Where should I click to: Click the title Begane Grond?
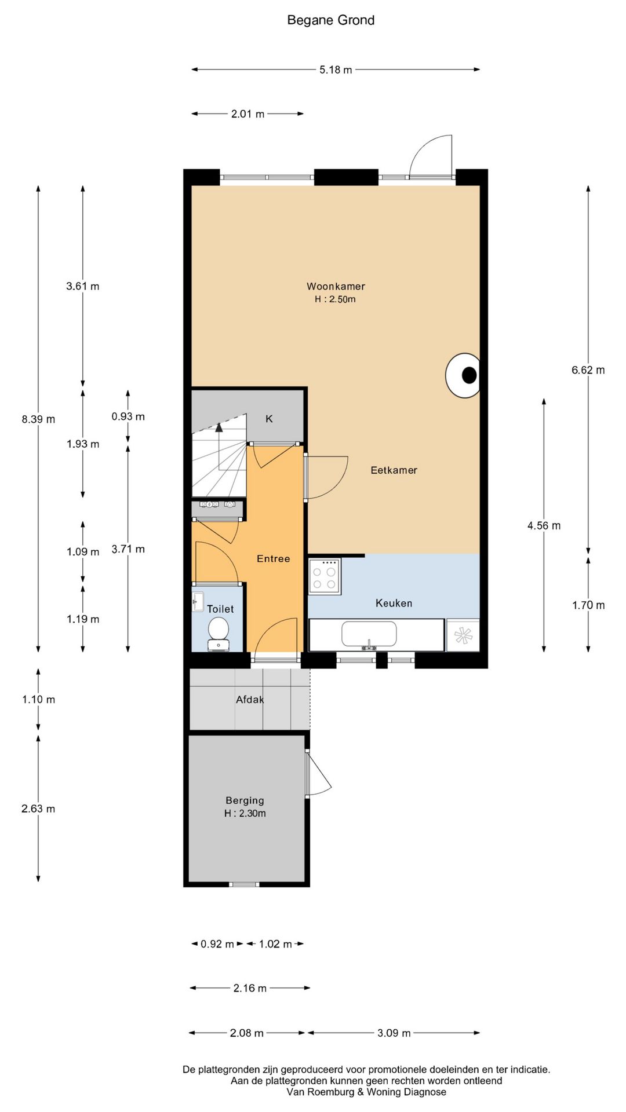[x=331, y=20]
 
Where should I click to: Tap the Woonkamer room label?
[x=336, y=286]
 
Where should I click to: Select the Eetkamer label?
[x=394, y=470]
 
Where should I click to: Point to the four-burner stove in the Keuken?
[x=325, y=576]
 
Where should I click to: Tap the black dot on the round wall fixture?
[x=469, y=375]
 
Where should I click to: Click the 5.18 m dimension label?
[x=336, y=69]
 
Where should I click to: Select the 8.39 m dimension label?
[x=38, y=419]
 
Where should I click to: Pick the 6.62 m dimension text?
[x=588, y=370]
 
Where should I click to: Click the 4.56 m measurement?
[x=544, y=526]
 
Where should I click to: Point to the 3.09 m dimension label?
[x=394, y=1033]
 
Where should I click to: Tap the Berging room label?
[x=245, y=800]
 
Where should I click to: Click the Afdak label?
[x=250, y=700]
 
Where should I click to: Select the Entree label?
[x=273, y=559]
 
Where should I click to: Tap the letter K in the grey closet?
[x=269, y=419]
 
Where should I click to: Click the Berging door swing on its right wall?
[x=318, y=774]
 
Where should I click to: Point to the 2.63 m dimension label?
[x=38, y=809]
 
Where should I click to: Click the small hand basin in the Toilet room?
[x=198, y=601]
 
